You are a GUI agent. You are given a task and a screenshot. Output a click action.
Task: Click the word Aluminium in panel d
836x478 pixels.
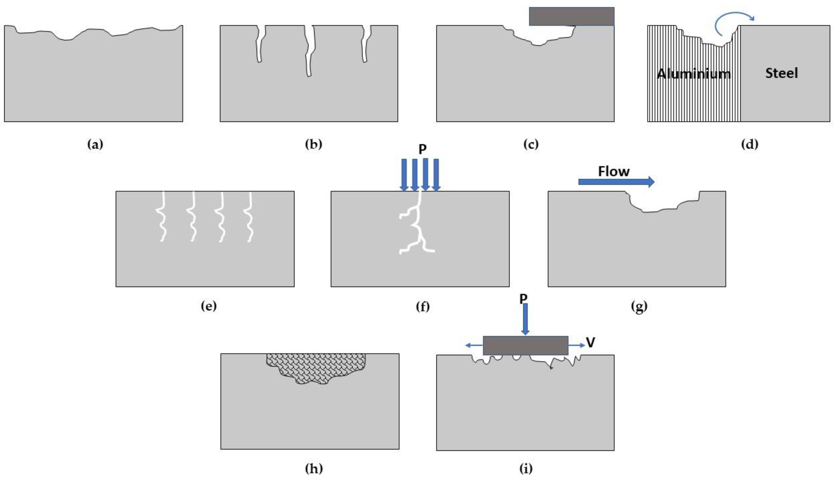tap(693, 74)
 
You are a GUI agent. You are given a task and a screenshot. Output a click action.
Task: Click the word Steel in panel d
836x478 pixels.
tap(781, 73)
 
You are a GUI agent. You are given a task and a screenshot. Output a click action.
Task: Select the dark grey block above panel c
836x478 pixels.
tap(571, 16)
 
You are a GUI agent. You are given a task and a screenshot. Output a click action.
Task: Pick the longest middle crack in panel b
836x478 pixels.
tap(309, 51)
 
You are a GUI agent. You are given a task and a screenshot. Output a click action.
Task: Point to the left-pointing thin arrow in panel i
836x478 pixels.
tap(474, 345)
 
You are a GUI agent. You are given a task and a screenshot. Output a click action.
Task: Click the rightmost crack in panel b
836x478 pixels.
tap(366, 44)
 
